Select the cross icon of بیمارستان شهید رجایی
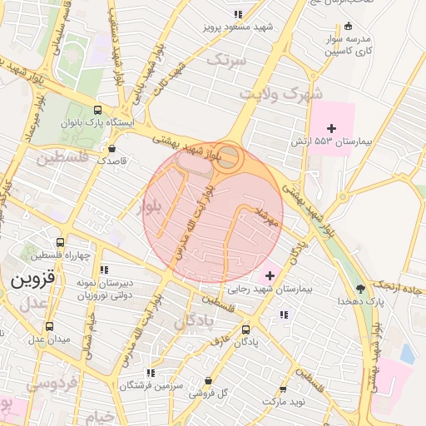tap(270, 275)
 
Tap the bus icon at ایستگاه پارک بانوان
tap(97, 110)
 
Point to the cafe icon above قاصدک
tap(111, 149)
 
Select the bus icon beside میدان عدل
tap(48, 326)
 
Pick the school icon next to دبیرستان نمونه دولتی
tap(104, 270)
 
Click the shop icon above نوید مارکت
tap(283, 389)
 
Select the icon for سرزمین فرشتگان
tap(149, 374)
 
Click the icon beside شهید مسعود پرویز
tap(238, 14)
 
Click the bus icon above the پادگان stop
tap(244, 329)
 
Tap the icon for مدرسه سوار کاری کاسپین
tap(348, 25)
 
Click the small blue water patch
tap(407, 354)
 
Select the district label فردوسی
tap(52, 384)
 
